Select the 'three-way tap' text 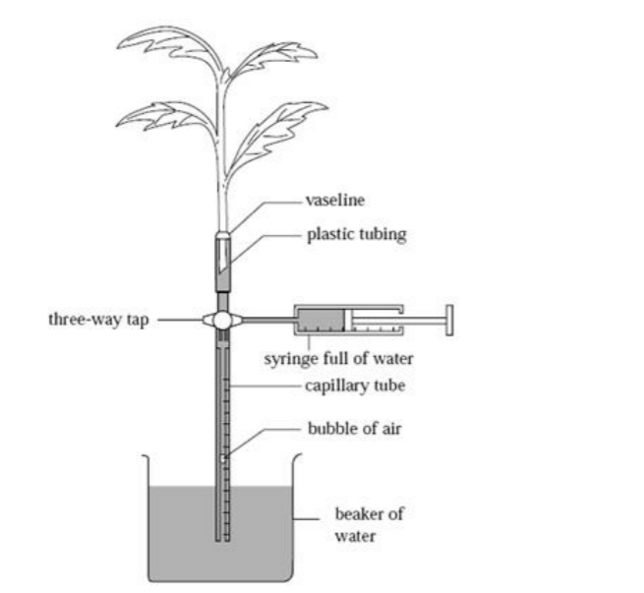pos(96,320)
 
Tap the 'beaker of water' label pos(369,525)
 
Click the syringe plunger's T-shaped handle pos(449,319)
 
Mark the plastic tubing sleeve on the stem pos(223,258)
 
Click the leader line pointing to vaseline pos(270,200)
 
